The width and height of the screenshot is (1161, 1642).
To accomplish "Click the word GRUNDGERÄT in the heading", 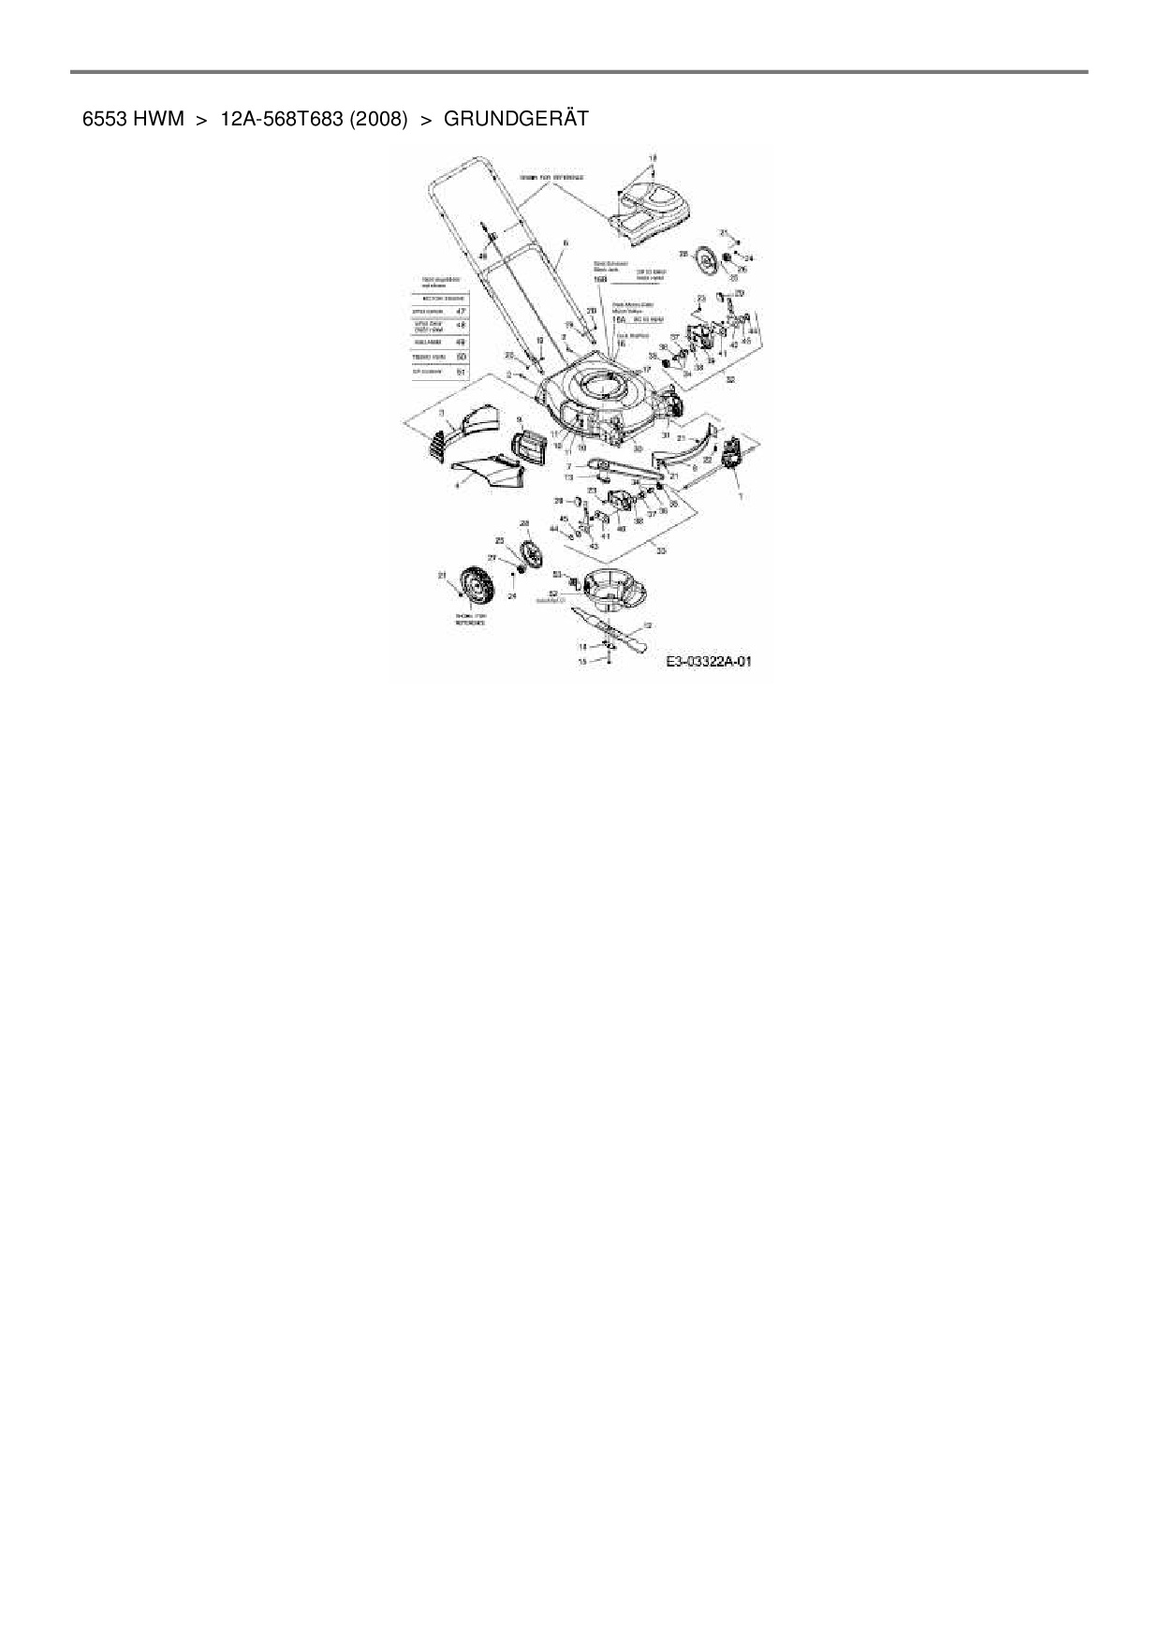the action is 516,119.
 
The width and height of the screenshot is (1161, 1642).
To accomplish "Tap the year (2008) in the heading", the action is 378,119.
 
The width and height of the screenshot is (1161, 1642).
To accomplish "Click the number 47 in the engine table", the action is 461,311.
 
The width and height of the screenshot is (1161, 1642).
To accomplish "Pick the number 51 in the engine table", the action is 461,372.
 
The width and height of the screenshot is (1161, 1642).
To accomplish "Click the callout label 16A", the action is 618,319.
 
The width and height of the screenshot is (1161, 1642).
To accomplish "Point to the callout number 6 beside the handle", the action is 566,242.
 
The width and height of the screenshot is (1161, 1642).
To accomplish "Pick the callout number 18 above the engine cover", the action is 654,157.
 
